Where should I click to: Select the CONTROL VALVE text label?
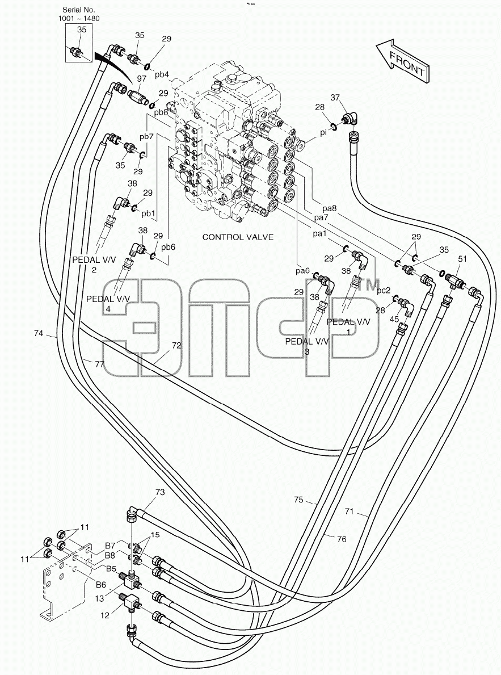coord(238,237)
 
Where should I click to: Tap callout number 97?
coord(142,78)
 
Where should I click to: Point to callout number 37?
coord(335,98)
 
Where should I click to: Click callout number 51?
coord(462,259)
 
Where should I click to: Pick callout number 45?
coord(394,319)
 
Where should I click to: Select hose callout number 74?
coord(39,333)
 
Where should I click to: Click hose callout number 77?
coord(99,364)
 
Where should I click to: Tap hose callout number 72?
coord(176,345)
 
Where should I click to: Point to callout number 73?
coord(159,492)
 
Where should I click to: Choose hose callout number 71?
coord(349,512)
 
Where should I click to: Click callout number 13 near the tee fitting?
coord(99,598)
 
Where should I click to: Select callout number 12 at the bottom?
coord(105,615)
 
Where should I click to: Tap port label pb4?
coord(161,74)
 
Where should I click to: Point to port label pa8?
coord(329,208)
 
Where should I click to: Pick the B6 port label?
coord(101,584)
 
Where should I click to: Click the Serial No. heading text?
coord(79,10)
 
